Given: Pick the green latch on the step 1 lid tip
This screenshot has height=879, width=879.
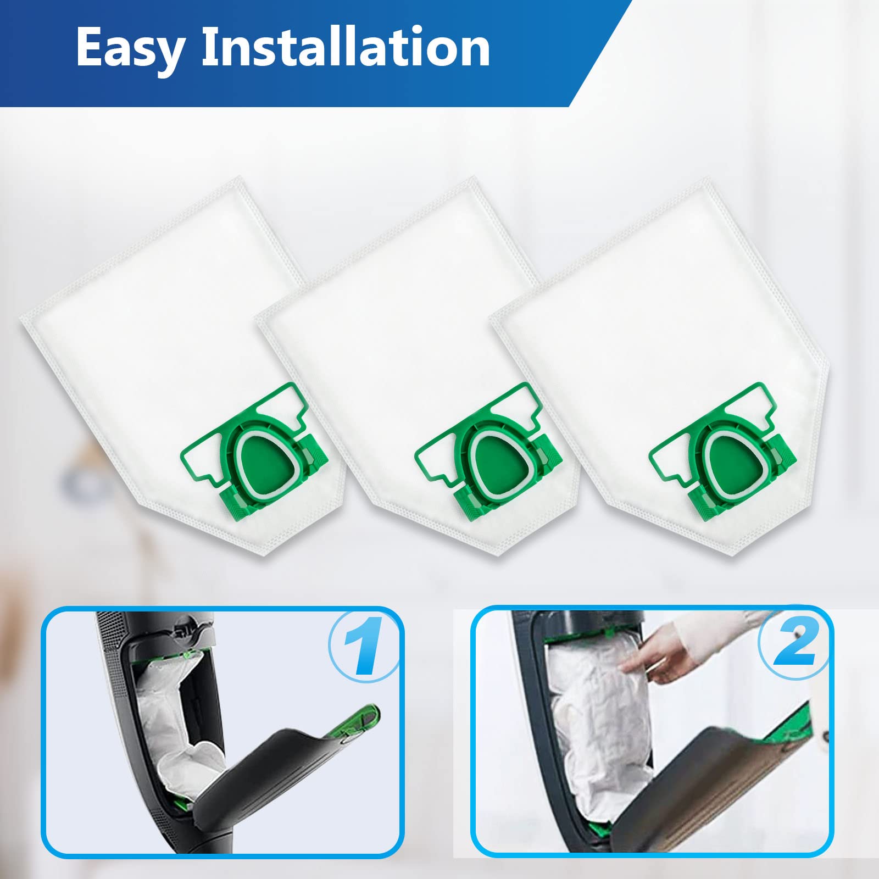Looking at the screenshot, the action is click(360, 717).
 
